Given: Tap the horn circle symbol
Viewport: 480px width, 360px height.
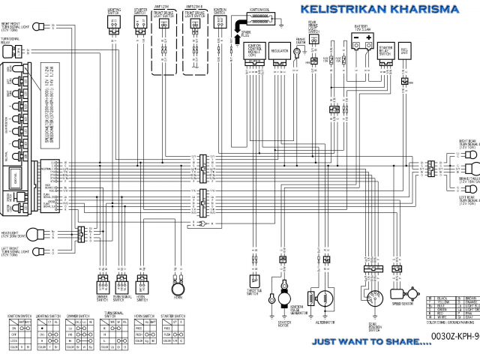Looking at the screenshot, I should (x=178, y=289).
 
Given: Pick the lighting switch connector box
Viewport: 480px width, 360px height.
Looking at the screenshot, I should (x=114, y=23).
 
